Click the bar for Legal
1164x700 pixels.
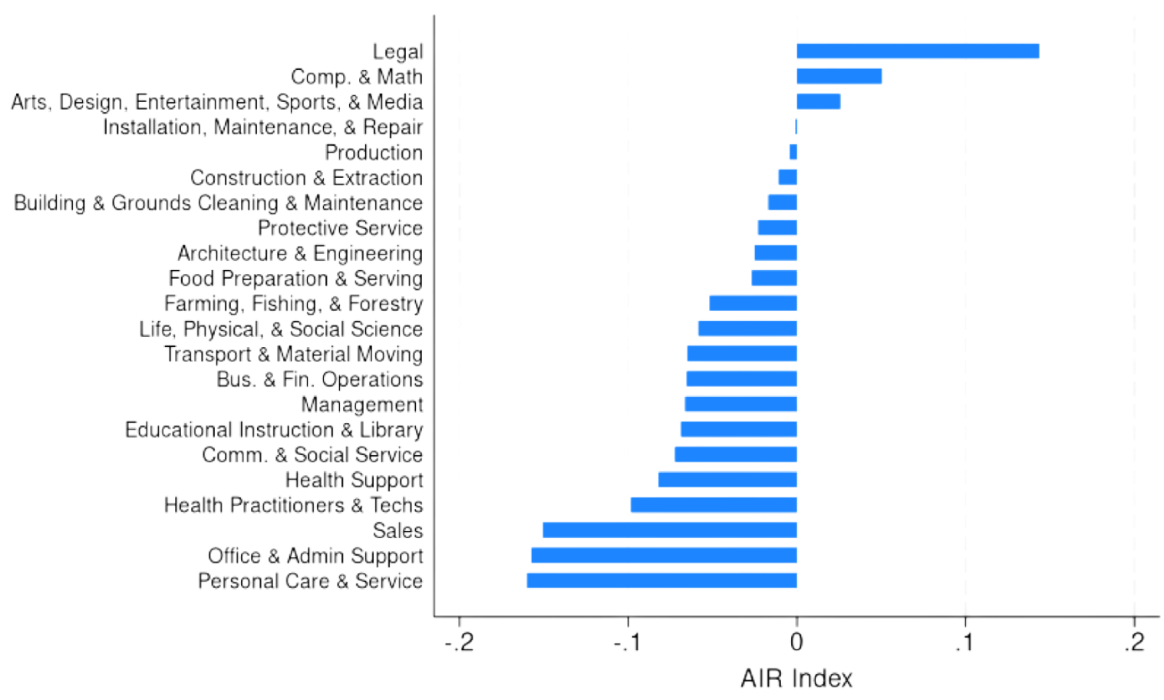tap(918, 51)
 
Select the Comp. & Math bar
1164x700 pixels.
tap(839, 77)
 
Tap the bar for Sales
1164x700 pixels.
tap(670, 530)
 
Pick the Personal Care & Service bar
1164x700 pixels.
tap(661, 580)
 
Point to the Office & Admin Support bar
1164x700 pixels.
tap(664, 556)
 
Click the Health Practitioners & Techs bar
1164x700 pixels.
tap(713, 505)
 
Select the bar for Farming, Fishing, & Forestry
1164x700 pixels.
tap(753, 303)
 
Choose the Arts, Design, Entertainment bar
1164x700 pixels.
tap(818, 101)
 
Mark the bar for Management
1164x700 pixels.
tap(740, 404)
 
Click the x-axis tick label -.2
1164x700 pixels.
tap(458, 642)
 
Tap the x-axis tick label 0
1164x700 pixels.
tap(796, 642)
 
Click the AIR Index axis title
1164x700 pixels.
tap(796, 679)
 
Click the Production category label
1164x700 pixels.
tap(374, 153)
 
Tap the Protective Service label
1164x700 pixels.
tap(340, 228)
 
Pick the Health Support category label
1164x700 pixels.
tap(354, 480)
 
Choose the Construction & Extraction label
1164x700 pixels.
tap(306, 178)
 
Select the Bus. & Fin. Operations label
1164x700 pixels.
tap(320, 379)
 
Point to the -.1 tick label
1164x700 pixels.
tap(627, 642)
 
